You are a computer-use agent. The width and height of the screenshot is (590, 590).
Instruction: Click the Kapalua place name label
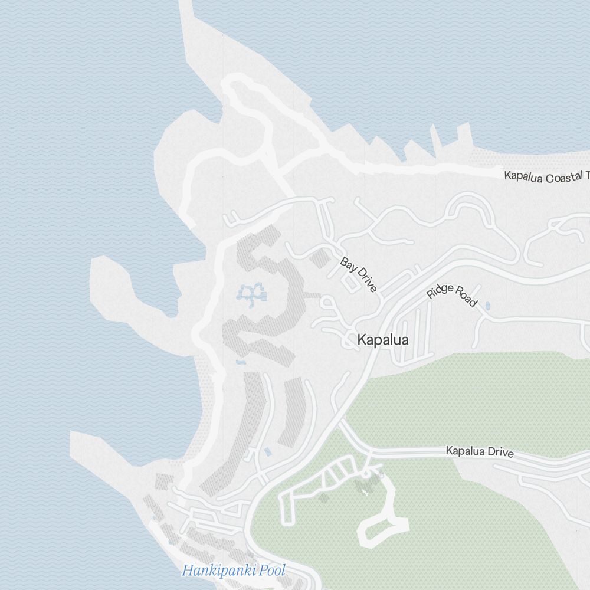pos(383,340)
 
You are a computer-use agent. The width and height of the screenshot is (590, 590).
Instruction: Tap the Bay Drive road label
pos(358,274)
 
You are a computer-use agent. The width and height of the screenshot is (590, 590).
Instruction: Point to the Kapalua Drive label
pos(479,452)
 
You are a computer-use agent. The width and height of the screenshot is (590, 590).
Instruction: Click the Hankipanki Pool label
pos(234,571)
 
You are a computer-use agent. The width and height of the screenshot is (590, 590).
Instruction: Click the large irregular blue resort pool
pos(251,293)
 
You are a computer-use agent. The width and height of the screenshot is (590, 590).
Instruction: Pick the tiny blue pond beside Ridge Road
pos(487,306)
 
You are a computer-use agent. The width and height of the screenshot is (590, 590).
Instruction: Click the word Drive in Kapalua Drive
pos(499,453)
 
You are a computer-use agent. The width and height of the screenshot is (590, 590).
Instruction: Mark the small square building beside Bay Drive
pos(319,258)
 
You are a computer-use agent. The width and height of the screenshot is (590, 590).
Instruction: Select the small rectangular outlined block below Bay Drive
pos(350,284)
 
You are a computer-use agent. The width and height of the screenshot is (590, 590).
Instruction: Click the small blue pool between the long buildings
pos(268,452)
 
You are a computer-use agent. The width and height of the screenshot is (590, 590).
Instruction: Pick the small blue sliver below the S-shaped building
pos(240,361)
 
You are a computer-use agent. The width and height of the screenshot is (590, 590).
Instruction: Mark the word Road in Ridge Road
pos(465,299)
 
